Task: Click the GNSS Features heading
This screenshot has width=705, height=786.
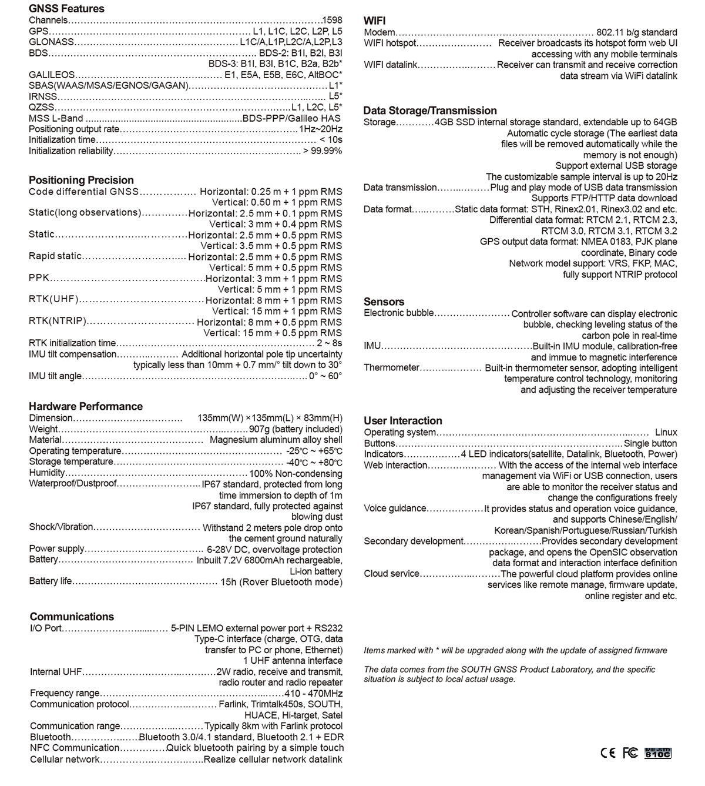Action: click(66, 9)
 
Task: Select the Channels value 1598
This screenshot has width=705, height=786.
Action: click(332, 21)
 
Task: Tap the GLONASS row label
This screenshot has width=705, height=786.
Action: click(52, 42)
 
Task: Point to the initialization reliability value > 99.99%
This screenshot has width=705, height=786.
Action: click(322, 151)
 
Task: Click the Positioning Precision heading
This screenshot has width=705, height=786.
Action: click(81, 180)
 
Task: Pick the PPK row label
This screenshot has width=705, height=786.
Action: click(39, 278)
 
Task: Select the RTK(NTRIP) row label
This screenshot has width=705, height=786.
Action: click(58, 322)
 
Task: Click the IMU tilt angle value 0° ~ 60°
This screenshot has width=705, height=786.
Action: click(325, 376)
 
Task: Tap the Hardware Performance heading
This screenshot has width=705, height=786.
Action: click(86, 406)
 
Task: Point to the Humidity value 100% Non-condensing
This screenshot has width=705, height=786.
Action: click(296, 473)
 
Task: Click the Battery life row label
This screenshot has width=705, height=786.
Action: click(51, 581)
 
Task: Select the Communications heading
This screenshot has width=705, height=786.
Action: click(72, 617)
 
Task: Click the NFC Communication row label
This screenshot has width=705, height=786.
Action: click(75, 748)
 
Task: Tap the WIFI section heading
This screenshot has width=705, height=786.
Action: click(375, 21)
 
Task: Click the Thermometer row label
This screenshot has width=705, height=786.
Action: click(391, 368)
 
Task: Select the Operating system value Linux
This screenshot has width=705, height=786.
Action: click(666, 432)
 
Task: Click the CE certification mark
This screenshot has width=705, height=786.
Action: click(608, 752)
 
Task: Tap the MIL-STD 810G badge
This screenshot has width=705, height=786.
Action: click(657, 752)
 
